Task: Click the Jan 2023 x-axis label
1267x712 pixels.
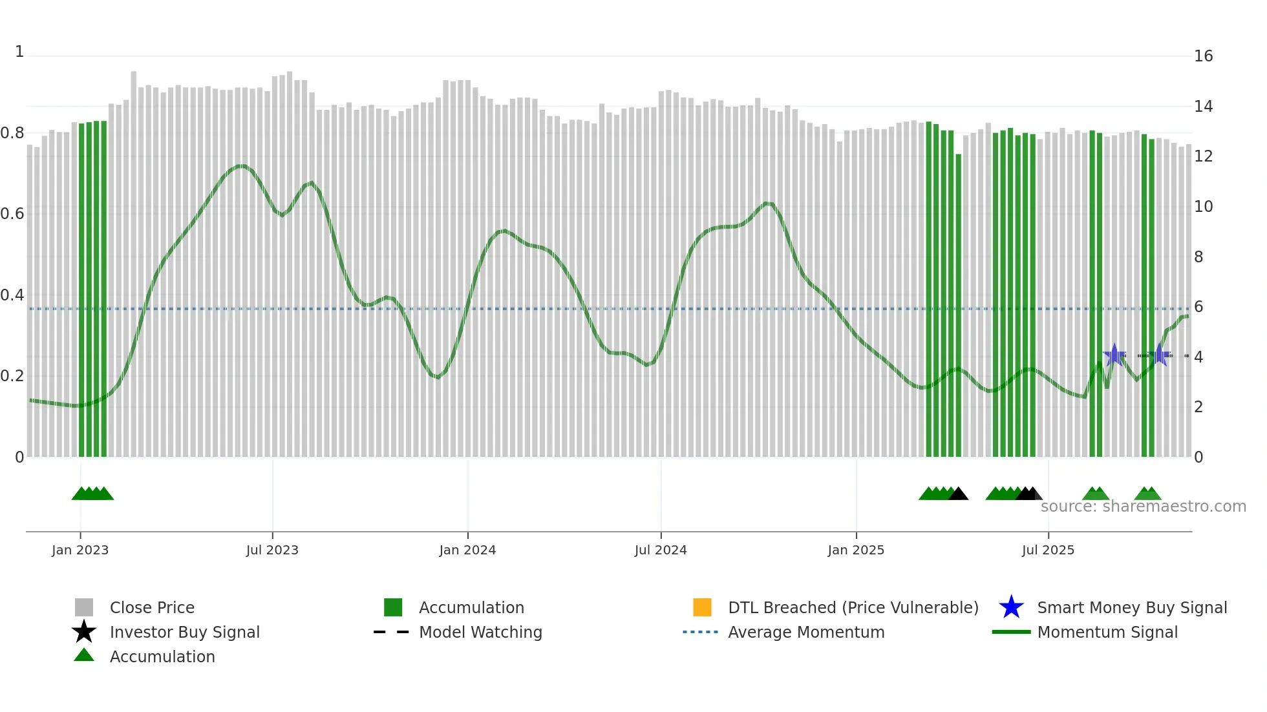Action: [x=80, y=550]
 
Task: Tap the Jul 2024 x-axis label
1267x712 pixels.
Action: [x=661, y=550]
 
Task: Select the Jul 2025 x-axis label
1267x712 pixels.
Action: [x=1048, y=550]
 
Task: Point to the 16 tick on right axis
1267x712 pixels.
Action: [x=1203, y=56]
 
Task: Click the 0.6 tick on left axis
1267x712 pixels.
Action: [x=12, y=214]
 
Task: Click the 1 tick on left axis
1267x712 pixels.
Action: [x=19, y=52]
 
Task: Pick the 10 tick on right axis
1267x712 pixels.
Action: [x=1203, y=207]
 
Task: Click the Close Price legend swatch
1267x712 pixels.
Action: [x=84, y=607]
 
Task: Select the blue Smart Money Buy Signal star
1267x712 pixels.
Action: [x=1011, y=607]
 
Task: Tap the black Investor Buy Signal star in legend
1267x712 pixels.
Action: [x=84, y=632]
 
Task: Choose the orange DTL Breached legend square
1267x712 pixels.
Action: [x=702, y=607]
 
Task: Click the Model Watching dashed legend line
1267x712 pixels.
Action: [x=392, y=632]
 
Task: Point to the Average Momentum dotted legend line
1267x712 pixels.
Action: [x=701, y=632]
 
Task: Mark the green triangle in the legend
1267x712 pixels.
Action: [x=84, y=655]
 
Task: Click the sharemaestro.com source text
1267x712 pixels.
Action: [x=1143, y=507]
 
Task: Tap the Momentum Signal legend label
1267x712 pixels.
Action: [x=1107, y=632]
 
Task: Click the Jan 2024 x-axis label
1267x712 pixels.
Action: [x=467, y=550]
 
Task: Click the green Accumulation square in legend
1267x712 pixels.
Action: [x=393, y=607]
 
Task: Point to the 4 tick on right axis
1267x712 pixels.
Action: [x=1198, y=357]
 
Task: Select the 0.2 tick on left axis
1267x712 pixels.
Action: [x=12, y=376]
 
